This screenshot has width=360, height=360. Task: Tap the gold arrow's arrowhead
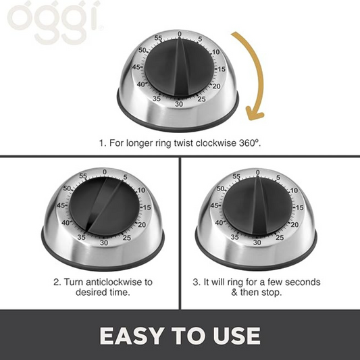(x=255, y=114)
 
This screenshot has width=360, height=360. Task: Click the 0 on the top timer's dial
(x=180, y=34)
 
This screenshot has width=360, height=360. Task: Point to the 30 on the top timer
(x=179, y=104)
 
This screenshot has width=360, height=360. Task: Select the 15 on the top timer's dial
(x=222, y=69)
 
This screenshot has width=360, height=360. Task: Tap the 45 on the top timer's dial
(x=136, y=68)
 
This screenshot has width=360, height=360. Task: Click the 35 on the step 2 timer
(x=81, y=237)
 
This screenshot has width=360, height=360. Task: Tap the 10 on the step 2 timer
(x=141, y=190)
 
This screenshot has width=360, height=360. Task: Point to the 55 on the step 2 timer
(x=83, y=176)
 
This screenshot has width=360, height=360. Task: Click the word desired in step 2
(x=90, y=292)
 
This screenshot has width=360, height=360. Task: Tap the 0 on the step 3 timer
(x=258, y=172)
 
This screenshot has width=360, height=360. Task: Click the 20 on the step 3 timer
(x=294, y=224)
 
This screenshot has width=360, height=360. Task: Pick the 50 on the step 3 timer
(x=220, y=188)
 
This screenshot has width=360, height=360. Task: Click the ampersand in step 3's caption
(x=234, y=292)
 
